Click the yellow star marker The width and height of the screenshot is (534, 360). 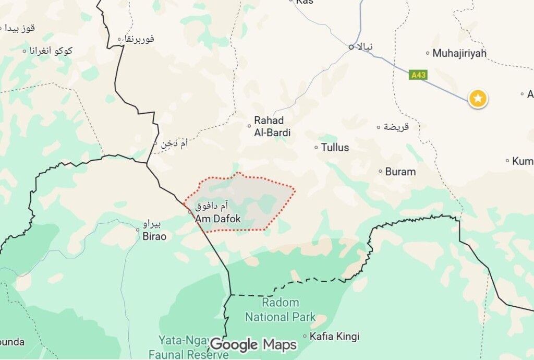point(478,98)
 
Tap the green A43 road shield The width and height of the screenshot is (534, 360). point(418,75)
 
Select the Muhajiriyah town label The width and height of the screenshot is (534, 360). point(459,53)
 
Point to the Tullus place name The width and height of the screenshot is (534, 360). point(335,148)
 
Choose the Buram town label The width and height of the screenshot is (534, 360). point(400,172)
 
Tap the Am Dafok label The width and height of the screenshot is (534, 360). point(218,219)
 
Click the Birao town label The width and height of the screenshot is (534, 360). point(154,236)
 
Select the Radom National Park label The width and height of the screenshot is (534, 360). point(281,310)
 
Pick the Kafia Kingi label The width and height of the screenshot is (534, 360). point(334,337)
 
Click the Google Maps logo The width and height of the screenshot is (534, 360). point(253,345)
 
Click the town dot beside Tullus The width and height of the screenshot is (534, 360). point(316,148)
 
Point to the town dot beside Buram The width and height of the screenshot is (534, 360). point(381,171)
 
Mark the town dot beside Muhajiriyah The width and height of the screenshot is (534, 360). point(428,53)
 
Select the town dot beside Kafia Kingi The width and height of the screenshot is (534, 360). point(305,337)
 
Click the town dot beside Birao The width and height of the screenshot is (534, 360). point(138,229)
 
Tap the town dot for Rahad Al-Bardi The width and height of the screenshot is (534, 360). point(249,126)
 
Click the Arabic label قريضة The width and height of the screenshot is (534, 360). point(396,127)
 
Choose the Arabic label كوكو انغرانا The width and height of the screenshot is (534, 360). point(51,51)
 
